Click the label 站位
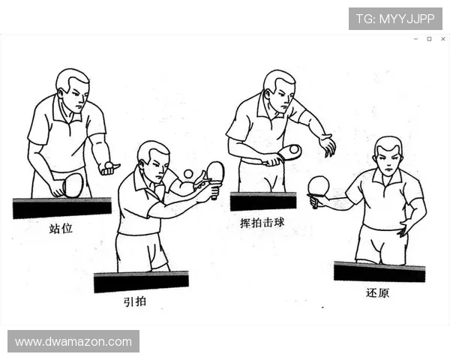[x=61, y=228]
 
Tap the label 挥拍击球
[x=258, y=223]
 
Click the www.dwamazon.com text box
[x=73, y=341]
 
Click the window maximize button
[x=429, y=38]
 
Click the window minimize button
[x=415, y=38]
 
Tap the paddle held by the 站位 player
[x=72, y=184]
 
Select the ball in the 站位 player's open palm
[x=109, y=164]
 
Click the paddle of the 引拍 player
[x=215, y=172]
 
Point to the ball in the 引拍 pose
[x=187, y=174]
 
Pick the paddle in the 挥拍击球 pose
[x=289, y=152]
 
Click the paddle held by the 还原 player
[x=319, y=186]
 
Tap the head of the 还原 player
[x=388, y=155]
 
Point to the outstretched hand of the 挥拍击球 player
[x=327, y=145]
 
